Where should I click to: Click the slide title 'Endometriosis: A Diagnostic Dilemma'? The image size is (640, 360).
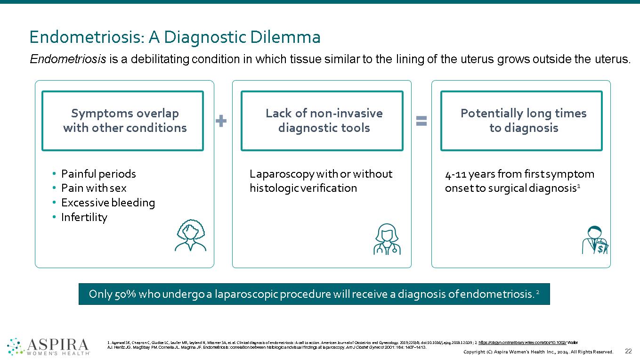pos(175,37)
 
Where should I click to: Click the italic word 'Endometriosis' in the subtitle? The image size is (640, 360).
pos(67,59)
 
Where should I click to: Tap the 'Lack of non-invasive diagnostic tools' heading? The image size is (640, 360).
pos(324,121)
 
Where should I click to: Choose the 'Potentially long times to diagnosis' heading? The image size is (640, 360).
pos(523,121)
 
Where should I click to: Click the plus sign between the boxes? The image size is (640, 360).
pos(221,121)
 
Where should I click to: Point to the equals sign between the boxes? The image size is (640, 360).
pos(421,121)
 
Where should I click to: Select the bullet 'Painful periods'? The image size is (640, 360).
pos(98,174)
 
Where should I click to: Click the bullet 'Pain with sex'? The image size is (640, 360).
pos(93,188)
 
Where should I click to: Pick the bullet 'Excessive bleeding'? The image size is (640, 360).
pos(107,203)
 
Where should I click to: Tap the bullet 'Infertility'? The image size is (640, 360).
pos(84,217)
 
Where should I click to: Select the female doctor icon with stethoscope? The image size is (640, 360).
pos(387,239)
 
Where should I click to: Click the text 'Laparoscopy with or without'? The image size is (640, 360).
pos(321,174)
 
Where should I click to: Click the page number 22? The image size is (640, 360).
pos(628,351)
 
